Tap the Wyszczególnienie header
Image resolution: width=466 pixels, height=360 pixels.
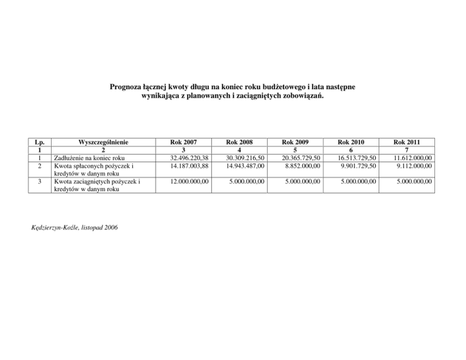click(x=103, y=141)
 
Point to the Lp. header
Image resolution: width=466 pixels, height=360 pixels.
click(x=39, y=141)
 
